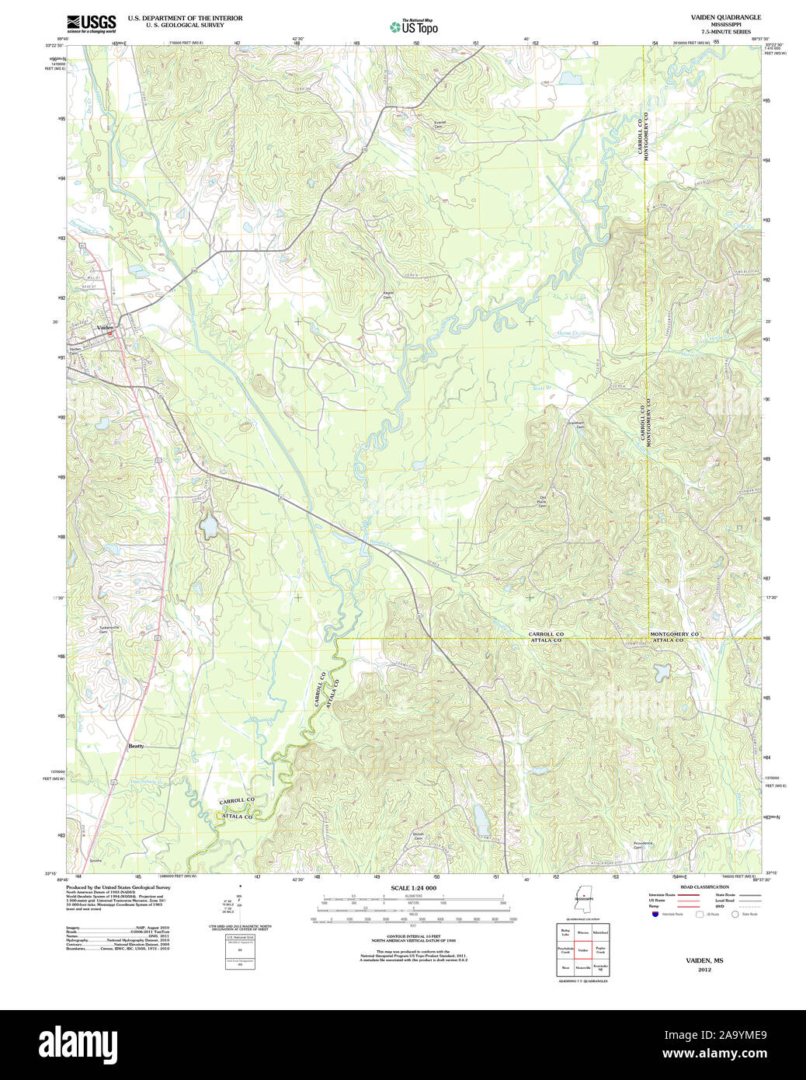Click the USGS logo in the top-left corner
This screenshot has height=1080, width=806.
(91, 23)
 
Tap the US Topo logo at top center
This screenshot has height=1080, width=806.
(414, 26)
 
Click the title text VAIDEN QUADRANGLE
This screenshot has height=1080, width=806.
(725, 17)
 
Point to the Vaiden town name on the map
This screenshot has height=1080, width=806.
(105, 328)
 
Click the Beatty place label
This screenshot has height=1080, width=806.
(136, 746)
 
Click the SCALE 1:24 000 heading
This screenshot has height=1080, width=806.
(413, 888)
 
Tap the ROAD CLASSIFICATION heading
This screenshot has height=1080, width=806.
(704, 887)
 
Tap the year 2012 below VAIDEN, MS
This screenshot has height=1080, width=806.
(704, 970)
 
